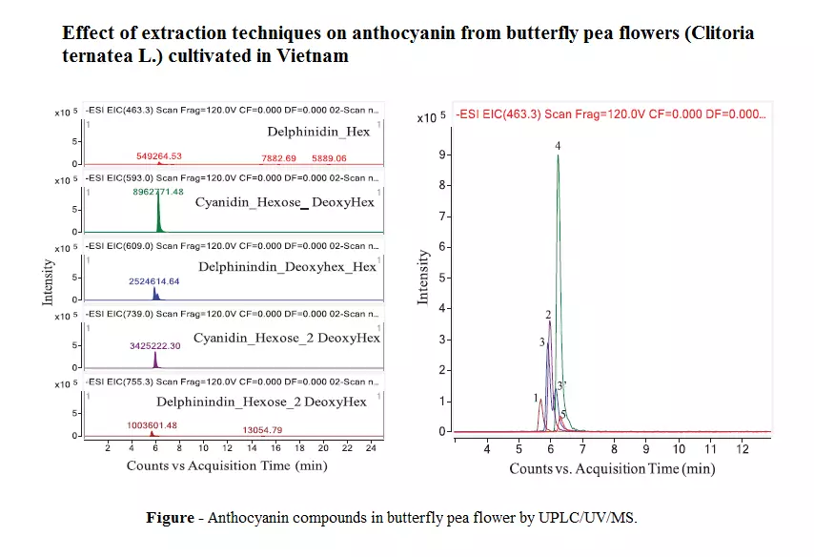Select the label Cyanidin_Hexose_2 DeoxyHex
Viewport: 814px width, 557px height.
(286, 338)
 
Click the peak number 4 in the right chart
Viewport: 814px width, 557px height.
(558, 145)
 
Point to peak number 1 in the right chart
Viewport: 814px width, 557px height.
(537, 396)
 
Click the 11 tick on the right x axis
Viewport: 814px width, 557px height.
(710, 448)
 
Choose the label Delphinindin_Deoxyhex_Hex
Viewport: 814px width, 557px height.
(287, 266)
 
